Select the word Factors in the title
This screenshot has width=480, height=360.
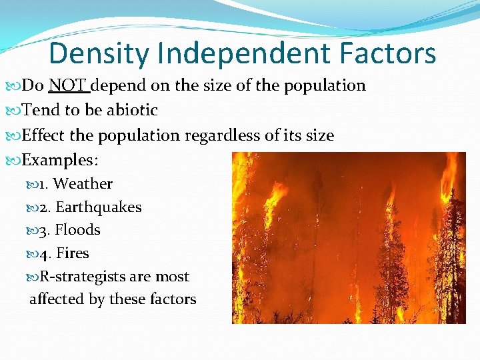(x=387, y=53)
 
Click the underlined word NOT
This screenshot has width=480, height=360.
(x=69, y=85)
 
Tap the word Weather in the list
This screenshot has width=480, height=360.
(x=83, y=183)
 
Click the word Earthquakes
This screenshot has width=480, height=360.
(x=99, y=207)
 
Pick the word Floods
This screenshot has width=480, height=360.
(x=77, y=230)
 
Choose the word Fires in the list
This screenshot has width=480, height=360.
(x=72, y=253)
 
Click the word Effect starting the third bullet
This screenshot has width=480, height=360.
(x=43, y=135)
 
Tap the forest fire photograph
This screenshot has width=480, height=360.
(x=349, y=238)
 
